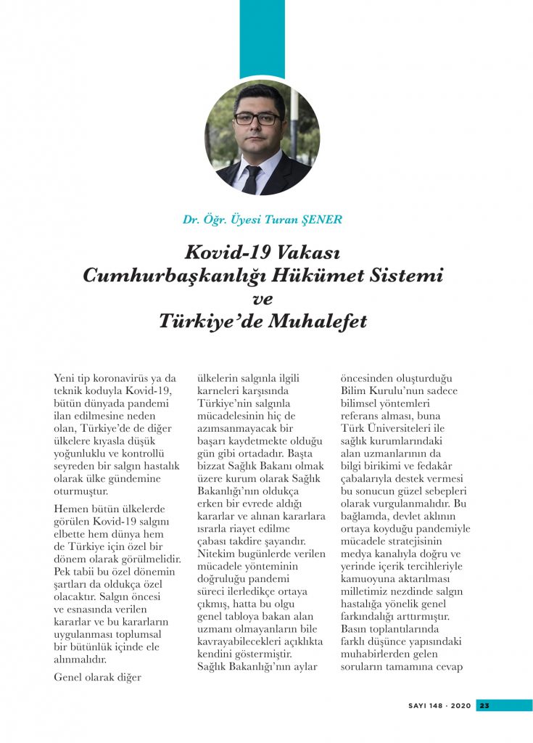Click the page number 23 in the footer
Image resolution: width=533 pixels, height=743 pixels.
485,705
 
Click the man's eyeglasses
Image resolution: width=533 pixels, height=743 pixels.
257,118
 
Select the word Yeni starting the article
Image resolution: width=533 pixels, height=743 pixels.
67,378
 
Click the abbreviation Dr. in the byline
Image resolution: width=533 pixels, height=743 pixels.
191,220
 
